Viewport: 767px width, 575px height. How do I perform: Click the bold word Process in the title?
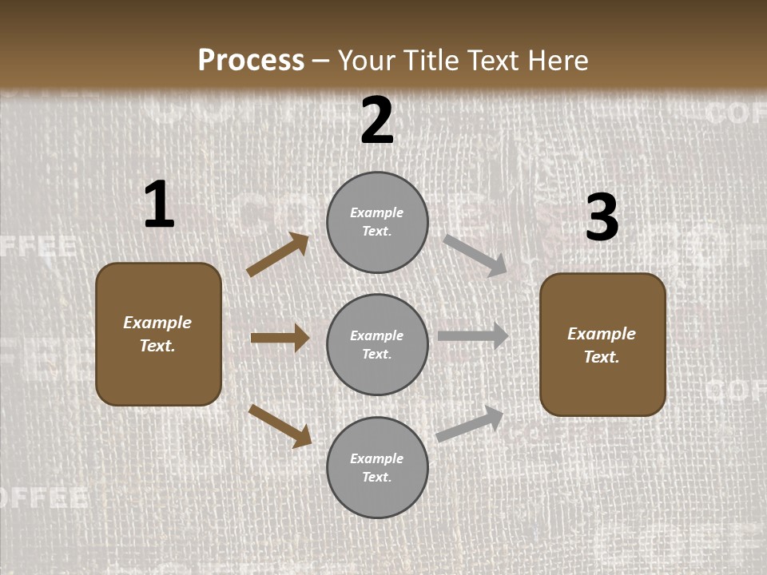click(x=251, y=61)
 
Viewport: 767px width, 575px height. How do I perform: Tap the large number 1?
click(x=159, y=205)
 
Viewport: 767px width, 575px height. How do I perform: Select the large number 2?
click(x=377, y=121)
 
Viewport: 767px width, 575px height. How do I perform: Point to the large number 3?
click(x=602, y=218)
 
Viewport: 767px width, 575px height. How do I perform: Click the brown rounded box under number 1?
click(x=158, y=334)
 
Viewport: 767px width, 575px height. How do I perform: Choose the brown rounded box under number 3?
click(x=602, y=344)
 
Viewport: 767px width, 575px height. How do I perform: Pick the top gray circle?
click(x=377, y=222)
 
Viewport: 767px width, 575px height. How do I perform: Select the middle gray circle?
click(x=377, y=344)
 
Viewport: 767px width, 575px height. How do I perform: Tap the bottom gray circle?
click(x=377, y=467)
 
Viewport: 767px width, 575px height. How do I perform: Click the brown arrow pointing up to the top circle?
click(x=277, y=255)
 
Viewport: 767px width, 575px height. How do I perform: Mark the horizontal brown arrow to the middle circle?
click(x=280, y=338)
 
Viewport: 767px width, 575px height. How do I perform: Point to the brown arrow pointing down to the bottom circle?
click(x=280, y=426)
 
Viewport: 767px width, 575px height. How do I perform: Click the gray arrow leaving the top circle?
click(x=475, y=256)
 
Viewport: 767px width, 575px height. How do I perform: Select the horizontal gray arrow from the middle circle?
click(x=473, y=336)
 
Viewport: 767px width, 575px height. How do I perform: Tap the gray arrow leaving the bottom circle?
click(x=471, y=423)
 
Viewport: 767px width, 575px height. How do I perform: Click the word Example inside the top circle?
click(x=376, y=213)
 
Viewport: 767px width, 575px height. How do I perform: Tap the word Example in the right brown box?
click(x=602, y=334)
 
